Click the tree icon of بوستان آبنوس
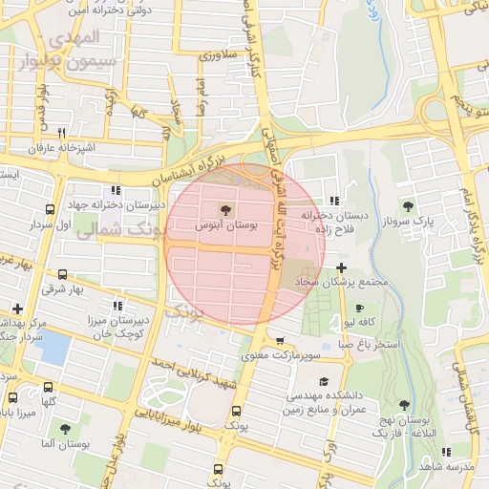(224, 208)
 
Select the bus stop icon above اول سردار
(50, 209)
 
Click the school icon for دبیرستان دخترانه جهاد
(117, 190)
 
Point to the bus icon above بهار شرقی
(63, 274)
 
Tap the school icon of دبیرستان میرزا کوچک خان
(117, 307)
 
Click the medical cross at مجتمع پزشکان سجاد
(342, 267)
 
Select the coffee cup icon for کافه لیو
(359, 308)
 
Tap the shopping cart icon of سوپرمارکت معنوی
(279, 341)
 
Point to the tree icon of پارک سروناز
(409, 205)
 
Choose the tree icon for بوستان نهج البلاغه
(405, 405)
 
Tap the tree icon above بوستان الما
(64, 430)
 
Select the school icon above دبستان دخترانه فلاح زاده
(333, 201)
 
